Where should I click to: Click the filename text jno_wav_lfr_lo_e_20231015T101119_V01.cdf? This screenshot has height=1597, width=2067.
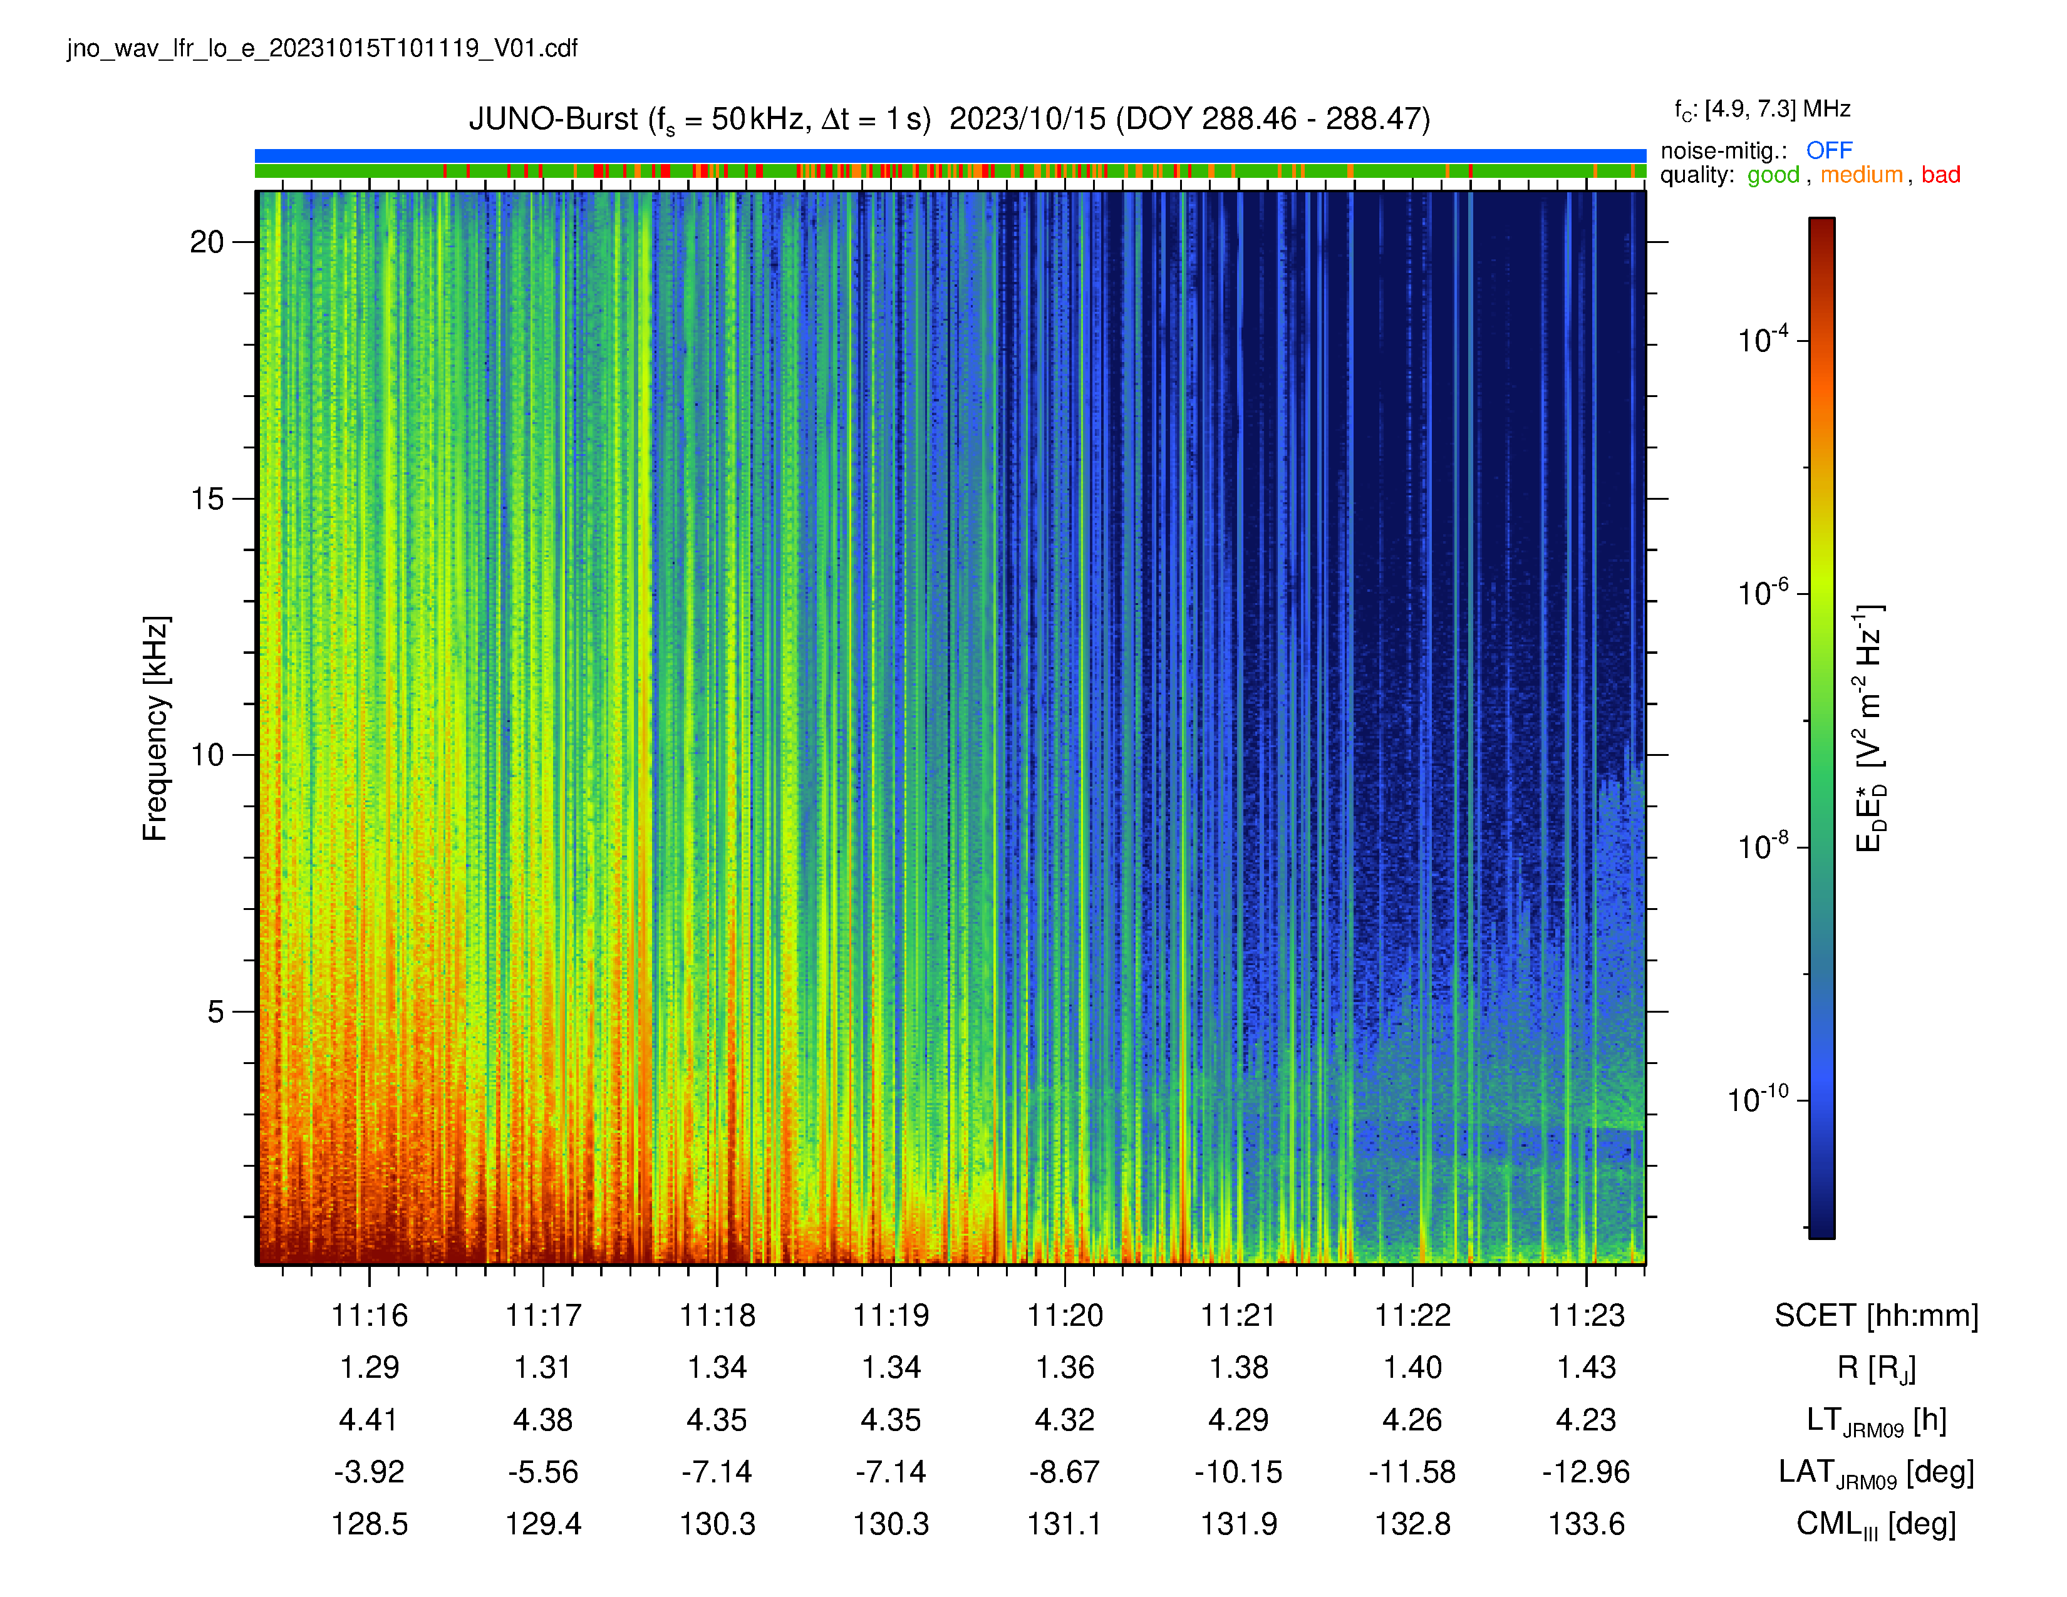322,48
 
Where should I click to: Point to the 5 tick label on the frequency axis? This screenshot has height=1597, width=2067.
216,1011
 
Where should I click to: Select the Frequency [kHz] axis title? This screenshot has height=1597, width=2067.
155,728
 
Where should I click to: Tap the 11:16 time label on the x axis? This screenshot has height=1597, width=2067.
369,1315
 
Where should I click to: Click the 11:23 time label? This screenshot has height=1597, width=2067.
1586,1315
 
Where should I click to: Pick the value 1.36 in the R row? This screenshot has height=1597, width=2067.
1065,1367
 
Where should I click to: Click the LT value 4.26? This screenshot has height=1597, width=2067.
1412,1419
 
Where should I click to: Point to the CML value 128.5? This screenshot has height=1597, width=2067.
369,1523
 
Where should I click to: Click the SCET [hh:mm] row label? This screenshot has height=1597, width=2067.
1876,1315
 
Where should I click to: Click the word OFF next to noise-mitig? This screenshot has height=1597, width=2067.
1828,150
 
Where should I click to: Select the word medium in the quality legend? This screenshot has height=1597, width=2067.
1861,175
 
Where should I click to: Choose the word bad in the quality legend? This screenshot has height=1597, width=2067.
1940,175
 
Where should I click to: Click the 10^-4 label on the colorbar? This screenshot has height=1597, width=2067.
1762,339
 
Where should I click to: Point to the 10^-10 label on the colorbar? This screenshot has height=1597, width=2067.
1758,1098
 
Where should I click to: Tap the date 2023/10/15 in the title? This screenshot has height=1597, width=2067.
1027,119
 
